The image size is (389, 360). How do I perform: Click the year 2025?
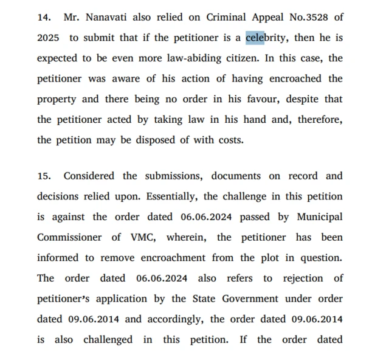48,38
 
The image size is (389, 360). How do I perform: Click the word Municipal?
319,217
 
